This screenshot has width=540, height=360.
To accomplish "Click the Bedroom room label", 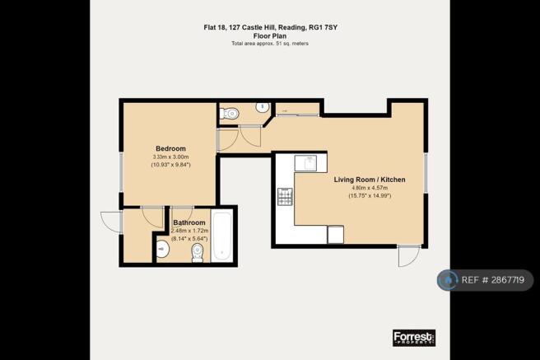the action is [x=170, y=148].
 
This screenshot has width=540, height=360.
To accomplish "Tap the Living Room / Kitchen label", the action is [x=370, y=180].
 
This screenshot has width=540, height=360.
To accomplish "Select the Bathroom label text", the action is [x=189, y=222].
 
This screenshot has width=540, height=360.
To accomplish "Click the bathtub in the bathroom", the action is [x=221, y=236].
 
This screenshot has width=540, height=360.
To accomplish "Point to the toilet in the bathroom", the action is [x=198, y=253].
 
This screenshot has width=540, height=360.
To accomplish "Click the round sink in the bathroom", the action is [x=162, y=249].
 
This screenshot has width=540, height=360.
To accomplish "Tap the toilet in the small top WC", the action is [x=229, y=113].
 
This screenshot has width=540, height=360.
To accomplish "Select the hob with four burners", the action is [x=285, y=197].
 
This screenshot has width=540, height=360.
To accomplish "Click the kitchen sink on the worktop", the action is [x=305, y=163].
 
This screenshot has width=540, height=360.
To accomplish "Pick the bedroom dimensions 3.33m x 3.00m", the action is [x=170, y=157].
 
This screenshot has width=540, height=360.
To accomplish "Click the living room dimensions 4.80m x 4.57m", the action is [x=370, y=188].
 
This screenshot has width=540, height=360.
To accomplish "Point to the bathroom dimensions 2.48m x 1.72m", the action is [x=190, y=231].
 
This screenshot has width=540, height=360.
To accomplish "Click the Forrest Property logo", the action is [x=414, y=338].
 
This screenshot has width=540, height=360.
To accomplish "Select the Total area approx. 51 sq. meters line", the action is [x=270, y=44].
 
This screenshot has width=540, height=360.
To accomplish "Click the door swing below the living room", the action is [x=409, y=255].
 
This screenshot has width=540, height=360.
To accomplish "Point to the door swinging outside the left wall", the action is [x=111, y=222].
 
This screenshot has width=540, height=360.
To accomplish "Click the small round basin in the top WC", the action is [x=263, y=107].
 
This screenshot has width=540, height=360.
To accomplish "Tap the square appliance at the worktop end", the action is [x=335, y=234].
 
